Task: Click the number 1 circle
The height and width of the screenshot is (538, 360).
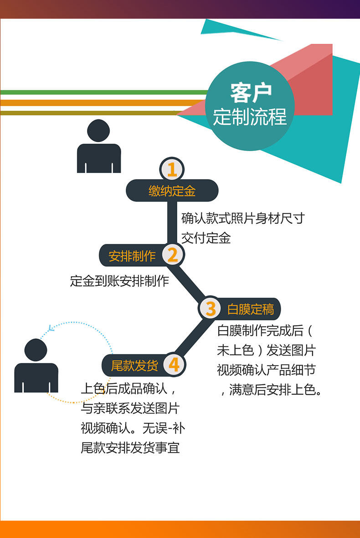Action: click(172, 170)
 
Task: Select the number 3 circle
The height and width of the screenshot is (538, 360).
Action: click(210, 309)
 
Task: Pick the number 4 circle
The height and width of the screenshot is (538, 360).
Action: click(174, 365)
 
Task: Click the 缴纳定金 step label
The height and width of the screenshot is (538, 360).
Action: click(172, 191)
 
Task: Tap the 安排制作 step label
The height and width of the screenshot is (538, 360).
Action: click(132, 256)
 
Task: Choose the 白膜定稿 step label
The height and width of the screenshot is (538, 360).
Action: click(251, 310)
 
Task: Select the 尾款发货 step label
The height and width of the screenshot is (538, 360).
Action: click(134, 366)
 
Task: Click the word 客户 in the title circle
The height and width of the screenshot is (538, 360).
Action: click(251, 93)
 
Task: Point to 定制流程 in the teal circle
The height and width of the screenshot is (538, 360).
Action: click(250, 117)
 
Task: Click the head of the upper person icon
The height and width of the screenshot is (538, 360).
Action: click(98, 130)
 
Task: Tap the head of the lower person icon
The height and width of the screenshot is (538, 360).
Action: click(36, 350)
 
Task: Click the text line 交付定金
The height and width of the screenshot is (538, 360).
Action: click(206, 238)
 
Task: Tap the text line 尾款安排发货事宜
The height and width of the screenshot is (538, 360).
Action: click(130, 448)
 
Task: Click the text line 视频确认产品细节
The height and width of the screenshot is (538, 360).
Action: click(266, 370)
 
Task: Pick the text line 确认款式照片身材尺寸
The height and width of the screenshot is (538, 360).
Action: click(242, 218)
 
